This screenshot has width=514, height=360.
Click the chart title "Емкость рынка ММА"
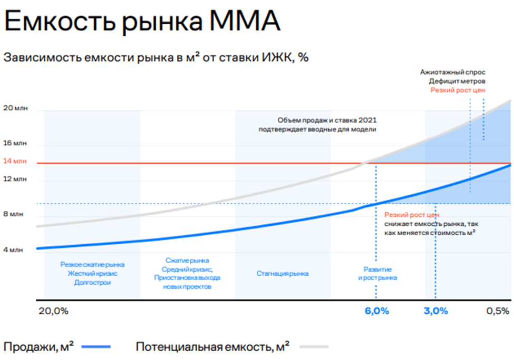coord(142,21)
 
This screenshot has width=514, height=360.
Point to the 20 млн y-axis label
coord(15,108)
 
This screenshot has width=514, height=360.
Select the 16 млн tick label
coord(15,143)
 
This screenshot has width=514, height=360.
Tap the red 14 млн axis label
coord(15,161)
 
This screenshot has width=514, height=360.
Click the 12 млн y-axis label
coord(15,179)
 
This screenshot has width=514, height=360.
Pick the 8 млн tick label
coord(13,214)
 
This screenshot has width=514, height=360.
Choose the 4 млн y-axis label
coord(13,250)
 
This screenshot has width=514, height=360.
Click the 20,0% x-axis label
coord(54,311)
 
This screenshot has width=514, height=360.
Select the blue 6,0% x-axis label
coord(377,311)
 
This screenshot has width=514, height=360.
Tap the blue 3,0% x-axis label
coord(436,311)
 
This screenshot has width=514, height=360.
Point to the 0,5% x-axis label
coord(498,311)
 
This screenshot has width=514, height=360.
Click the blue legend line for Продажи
coord(96,346)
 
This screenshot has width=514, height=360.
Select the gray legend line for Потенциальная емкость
coord(314,346)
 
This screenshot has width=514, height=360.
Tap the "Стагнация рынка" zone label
coord(282,274)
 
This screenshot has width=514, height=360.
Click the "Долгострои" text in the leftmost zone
coord(93,283)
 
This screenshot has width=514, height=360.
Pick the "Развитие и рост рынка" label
coord(378,274)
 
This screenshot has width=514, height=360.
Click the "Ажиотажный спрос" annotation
coord(452,72)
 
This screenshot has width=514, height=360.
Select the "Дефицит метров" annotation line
coord(457,81)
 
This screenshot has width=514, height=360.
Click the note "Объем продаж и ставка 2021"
coord(327,121)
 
